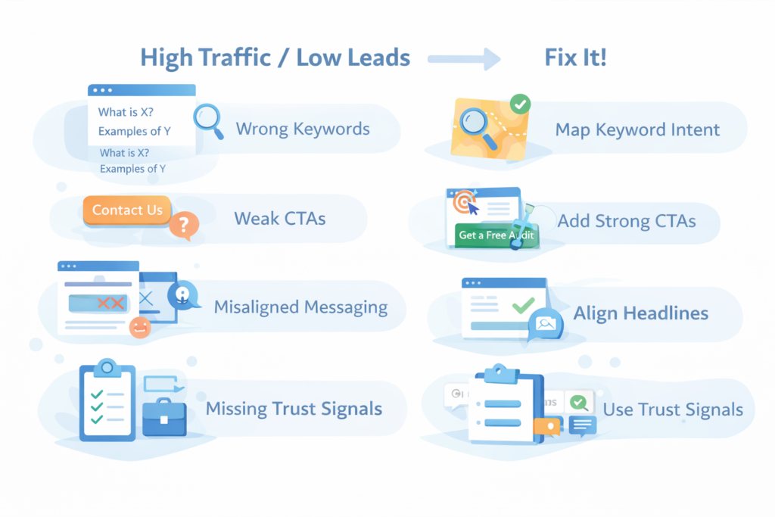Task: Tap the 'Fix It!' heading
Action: coord(575,58)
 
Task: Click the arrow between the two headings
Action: coord(464,58)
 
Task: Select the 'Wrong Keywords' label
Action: coord(303,129)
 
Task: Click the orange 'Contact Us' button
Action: coord(127,210)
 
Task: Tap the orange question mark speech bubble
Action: coord(184,224)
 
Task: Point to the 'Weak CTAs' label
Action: coord(279,220)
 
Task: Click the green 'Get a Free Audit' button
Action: coord(496,235)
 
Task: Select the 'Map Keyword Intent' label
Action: coord(638,129)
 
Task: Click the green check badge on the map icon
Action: coord(520,104)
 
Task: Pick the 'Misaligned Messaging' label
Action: coord(300,307)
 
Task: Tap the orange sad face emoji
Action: coord(139,327)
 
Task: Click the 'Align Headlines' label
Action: coord(641,313)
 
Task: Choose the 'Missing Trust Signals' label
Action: coord(294,410)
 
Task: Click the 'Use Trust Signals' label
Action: coord(673,410)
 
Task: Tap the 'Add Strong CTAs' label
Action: coord(626,222)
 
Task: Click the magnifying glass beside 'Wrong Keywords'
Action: coord(207,120)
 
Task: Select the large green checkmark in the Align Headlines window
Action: coord(523,307)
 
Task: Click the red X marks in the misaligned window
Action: coord(110,304)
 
